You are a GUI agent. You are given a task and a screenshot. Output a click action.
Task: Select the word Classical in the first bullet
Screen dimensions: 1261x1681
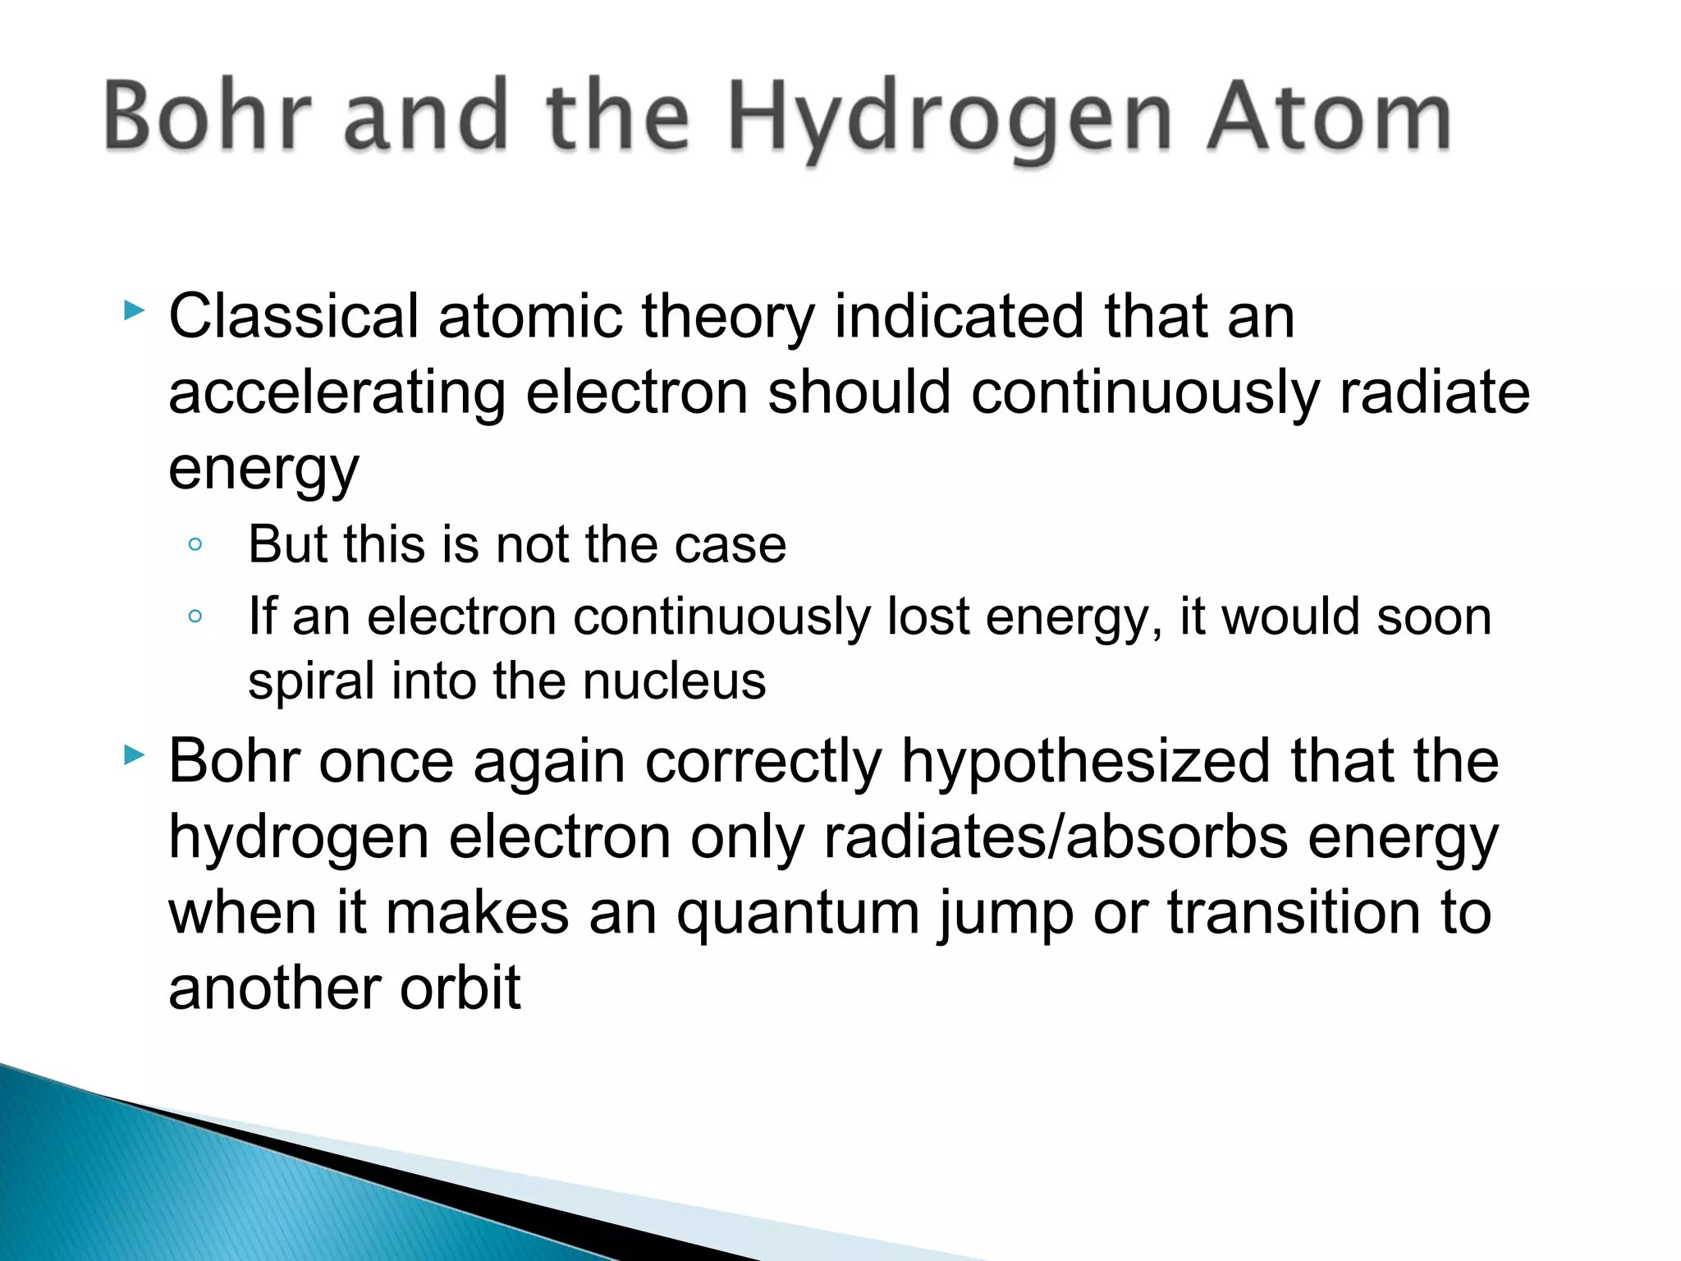pyautogui.click(x=294, y=316)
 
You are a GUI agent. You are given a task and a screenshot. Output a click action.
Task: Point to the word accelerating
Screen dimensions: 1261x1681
pyautogui.click(x=337, y=392)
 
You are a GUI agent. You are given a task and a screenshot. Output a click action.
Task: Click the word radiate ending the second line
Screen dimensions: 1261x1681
pyautogui.click(x=1434, y=392)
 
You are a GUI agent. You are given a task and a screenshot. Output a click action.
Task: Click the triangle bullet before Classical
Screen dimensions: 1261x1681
pyautogui.click(x=134, y=310)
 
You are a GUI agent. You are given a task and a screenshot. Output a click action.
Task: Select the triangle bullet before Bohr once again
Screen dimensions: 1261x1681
pyautogui.click(x=134, y=755)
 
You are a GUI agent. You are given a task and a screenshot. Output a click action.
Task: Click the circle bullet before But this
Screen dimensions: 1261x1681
pyautogui.click(x=195, y=544)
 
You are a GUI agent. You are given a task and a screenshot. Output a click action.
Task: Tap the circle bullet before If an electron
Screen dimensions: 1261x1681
pyautogui.click(x=195, y=616)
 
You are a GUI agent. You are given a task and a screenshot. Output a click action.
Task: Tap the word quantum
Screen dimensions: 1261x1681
pyautogui.click(x=798, y=914)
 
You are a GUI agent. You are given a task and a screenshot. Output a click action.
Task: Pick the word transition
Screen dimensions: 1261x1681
pyautogui.click(x=1294, y=912)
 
